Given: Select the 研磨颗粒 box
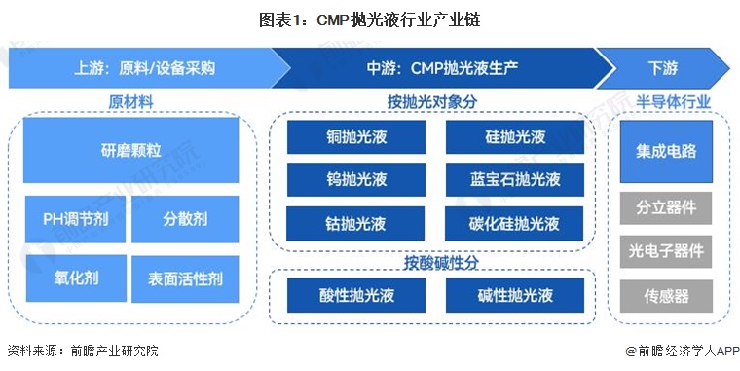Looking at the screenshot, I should tap(130, 151).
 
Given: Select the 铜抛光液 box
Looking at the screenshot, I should tap(356, 137).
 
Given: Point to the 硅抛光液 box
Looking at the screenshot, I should tap(515, 137).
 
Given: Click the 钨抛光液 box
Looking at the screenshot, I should tap(356, 180).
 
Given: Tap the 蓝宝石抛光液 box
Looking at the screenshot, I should tap(515, 180).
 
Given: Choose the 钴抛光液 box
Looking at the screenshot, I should tap(356, 223).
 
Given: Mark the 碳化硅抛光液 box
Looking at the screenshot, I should tap(515, 223).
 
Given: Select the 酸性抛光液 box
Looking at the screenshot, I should tap(356, 295).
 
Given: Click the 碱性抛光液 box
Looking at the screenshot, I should tap(515, 295).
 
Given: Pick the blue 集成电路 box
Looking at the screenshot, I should tap(667, 152).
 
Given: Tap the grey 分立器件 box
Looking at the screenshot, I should tap(667, 207).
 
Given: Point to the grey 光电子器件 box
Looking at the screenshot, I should tap(667, 251).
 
